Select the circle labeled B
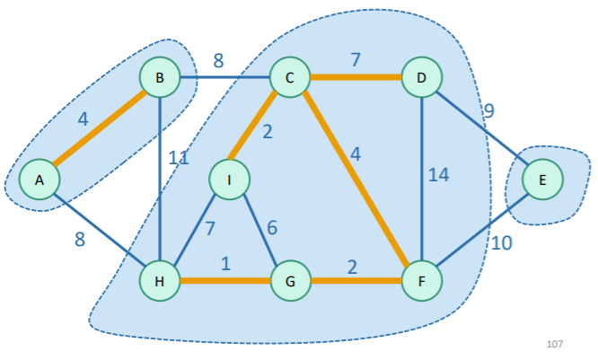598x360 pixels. pyautogui.click(x=160, y=78)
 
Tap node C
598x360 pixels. pyautogui.click(x=290, y=78)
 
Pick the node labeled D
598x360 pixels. pyautogui.click(x=421, y=78)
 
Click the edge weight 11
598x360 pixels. pyautogui.click(x=179, y=160)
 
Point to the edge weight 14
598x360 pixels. pyautogui.click(x=438, y=175)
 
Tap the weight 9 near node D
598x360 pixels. pyautogui.click(x=488, y=111)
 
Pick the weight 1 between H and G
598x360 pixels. pyautogui.click(x=225, y=264)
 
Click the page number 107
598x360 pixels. pyautogui.click(x=554, y=343)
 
